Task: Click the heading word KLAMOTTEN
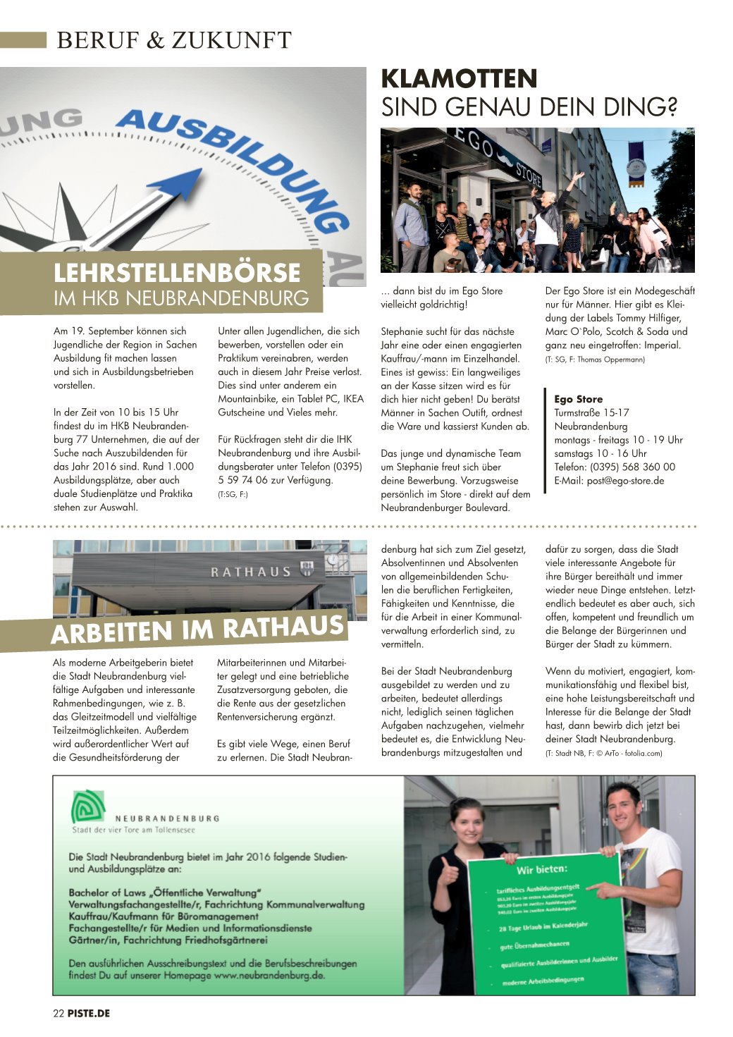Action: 459,78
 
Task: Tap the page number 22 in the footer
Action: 58,1013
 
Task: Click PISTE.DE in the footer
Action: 89,1013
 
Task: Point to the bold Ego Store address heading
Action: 578,399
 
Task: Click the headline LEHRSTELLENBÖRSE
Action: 177,273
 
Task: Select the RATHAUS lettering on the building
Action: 251,572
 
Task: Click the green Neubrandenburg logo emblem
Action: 88,806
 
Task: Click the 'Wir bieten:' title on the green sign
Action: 541,869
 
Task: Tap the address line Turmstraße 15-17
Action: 591,412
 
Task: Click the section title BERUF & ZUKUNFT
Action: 173,40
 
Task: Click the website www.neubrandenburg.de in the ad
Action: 269,976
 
